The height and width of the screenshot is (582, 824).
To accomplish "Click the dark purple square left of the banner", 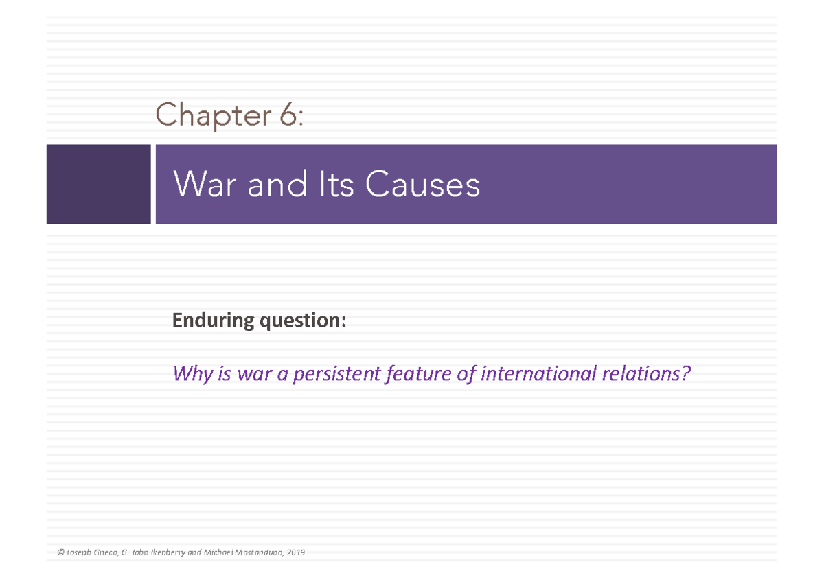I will pyautogui.click(x=98, y=184).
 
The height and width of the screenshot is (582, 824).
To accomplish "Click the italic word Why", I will pyautogui.click(x=190, y=375).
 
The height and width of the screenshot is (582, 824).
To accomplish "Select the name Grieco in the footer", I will pyautogui.click(x=105, y=552).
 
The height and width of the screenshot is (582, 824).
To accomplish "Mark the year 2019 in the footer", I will pyautogui.click(x=297, y=552).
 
